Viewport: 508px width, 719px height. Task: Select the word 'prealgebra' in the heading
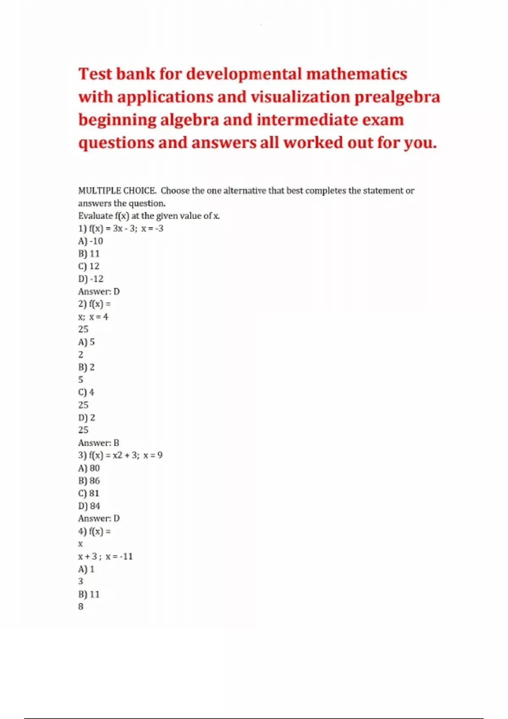397,97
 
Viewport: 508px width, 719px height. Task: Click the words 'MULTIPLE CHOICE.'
117,191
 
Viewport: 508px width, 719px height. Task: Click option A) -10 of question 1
91,241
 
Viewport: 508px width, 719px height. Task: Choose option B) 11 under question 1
89,254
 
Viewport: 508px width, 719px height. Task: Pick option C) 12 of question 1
89,266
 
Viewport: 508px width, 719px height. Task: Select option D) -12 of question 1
91,279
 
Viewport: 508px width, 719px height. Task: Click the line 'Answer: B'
99,443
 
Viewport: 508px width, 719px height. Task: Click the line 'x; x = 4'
93,317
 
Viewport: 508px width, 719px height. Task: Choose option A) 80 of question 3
89,468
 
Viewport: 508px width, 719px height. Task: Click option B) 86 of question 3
89,481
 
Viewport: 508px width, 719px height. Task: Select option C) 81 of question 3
89,494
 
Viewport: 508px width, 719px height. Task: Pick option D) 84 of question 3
89,506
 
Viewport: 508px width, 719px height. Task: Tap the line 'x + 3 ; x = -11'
105,557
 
